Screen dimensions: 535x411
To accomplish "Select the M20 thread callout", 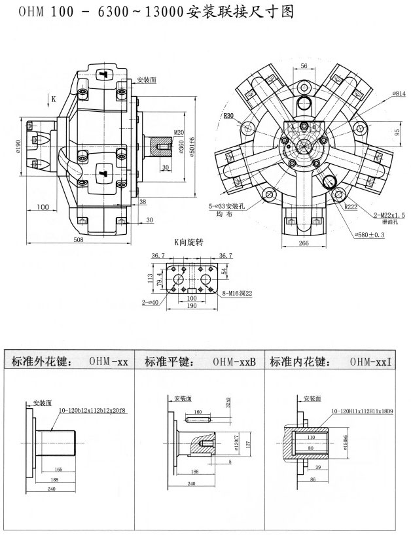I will click(x=179, y=132).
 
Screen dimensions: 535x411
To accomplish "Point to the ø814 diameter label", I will click(x=398, y=94).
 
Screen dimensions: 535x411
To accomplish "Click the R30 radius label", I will click(x=228, y=116).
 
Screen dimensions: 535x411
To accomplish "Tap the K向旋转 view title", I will click(x=188, y=242).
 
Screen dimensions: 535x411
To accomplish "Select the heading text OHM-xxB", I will click(x=234, y=361).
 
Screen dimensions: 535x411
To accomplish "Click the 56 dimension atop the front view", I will click(x=304, y=66).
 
